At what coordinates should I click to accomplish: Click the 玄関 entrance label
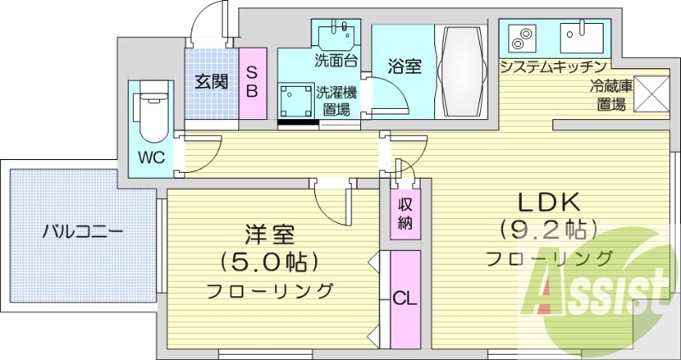(x=211, y=83)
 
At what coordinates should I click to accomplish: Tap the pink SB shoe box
(x=253, y=82)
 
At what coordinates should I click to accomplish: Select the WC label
(x=152, y=157)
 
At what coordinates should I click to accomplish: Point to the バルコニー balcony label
(x=83, y=231)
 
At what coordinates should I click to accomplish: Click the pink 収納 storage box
(x=405, y=214)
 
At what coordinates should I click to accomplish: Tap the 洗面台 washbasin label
(x=335, y=61)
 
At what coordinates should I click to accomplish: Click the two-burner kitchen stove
(x=519, y=38)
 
